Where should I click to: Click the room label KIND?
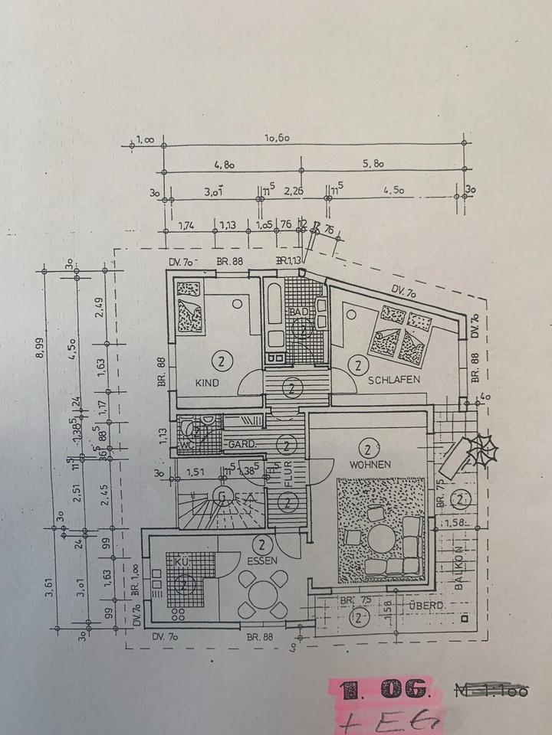(x=207, y=383)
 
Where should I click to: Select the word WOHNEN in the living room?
(x=370, y=465)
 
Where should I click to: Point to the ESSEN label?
(x=263, y=560)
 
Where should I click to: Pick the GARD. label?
(x=242, y=444)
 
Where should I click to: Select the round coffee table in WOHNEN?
(x=382, y=537)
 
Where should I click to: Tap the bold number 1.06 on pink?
(x=383, y=689)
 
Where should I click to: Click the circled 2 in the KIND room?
(x=221, y=360)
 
